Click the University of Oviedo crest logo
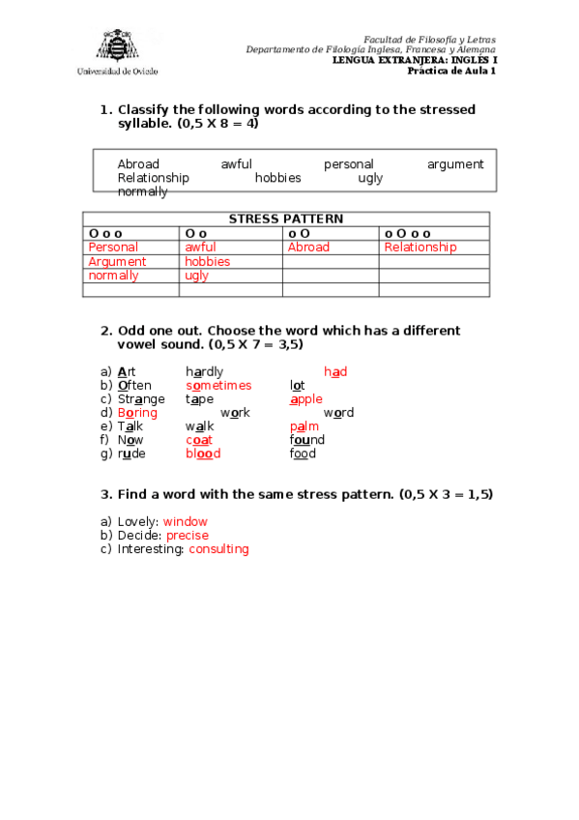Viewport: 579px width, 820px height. pos(115,45)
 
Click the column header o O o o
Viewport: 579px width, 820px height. pos(408,233)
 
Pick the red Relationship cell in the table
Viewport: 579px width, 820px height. pos(420,248)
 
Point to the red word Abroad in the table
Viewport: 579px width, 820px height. pos(308,248)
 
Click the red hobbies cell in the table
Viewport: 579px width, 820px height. pos(207,261)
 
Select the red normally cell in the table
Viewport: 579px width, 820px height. pos(113,276)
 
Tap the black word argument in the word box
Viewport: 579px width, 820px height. pos(455,164)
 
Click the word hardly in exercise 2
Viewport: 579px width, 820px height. pos(204,371)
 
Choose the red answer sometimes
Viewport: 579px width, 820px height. pos(218,386)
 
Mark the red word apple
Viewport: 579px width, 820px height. pos(306,399)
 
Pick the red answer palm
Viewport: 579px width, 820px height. pos(304,426)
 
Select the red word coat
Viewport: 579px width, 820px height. pos(199,440)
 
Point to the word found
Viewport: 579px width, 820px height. pos(307,440)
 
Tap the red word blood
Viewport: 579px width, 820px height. pos(203,454)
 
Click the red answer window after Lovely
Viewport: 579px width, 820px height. pos(186,522)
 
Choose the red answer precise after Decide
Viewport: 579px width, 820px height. pos(188,536)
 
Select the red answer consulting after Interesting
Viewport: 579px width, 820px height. pos(218,549)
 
